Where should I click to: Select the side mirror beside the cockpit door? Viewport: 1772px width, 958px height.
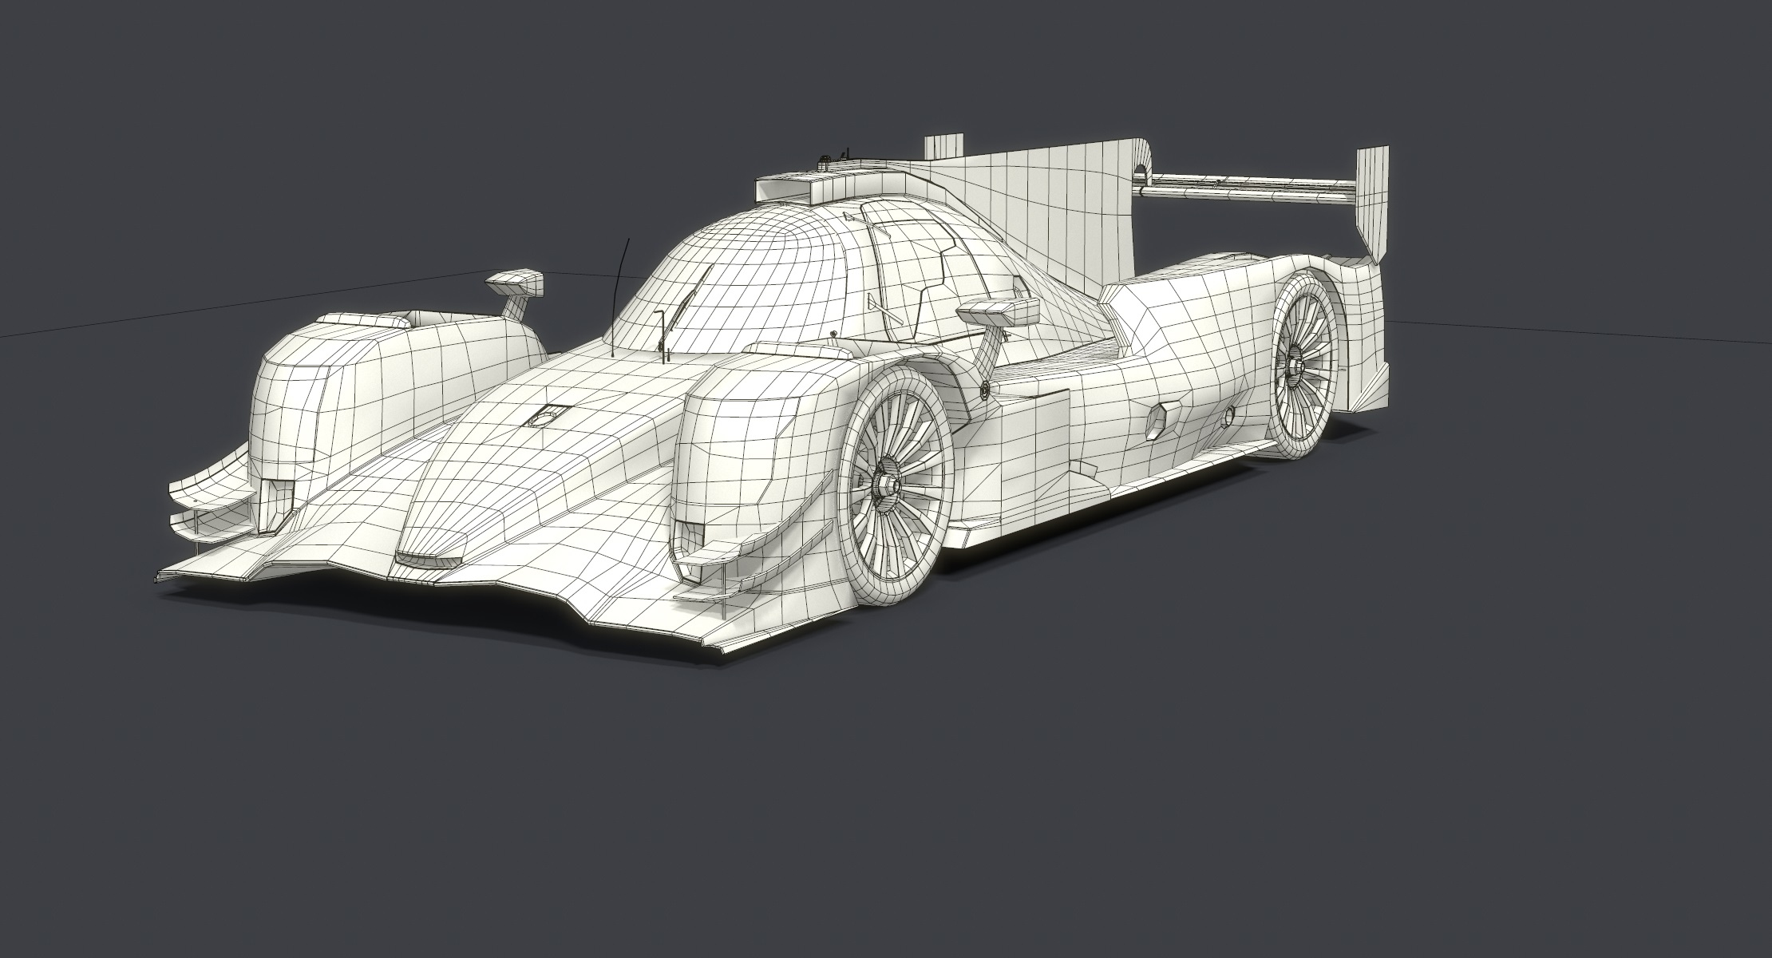click(999, 311)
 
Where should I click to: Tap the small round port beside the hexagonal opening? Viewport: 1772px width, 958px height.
click(1229, 414)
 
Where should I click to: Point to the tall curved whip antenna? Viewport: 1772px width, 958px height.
click(618, 287)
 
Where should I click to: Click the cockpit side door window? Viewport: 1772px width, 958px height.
click(910, 271)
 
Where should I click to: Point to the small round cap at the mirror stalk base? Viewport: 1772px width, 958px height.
click(983, 389)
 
